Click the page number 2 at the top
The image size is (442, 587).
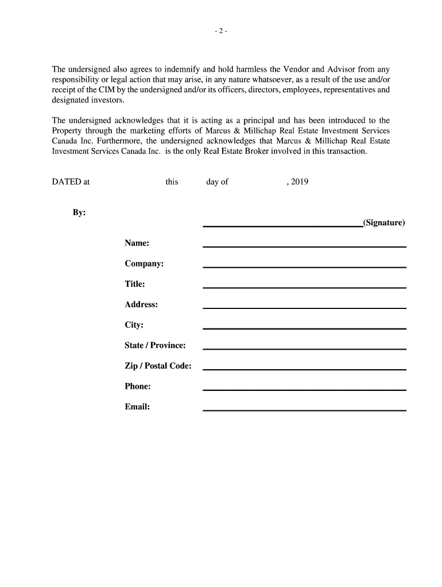point(222,32)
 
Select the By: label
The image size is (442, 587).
point(79,213)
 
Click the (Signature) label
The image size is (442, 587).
point(384,223)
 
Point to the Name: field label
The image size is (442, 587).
point(137,243)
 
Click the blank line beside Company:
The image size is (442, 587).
point(304,267)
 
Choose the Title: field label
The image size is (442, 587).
point(135,284)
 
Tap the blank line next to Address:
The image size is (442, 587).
point(304,308)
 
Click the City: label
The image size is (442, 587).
point(134,325)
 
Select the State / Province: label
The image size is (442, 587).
point(155,346)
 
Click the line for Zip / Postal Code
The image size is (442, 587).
point(304,369)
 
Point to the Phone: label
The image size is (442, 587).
point(138,386)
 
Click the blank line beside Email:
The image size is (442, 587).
point(304,410)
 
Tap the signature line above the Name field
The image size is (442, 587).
point(282,227)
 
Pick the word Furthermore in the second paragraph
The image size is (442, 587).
point(121,141)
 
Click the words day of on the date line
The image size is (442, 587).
point(217,182)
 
